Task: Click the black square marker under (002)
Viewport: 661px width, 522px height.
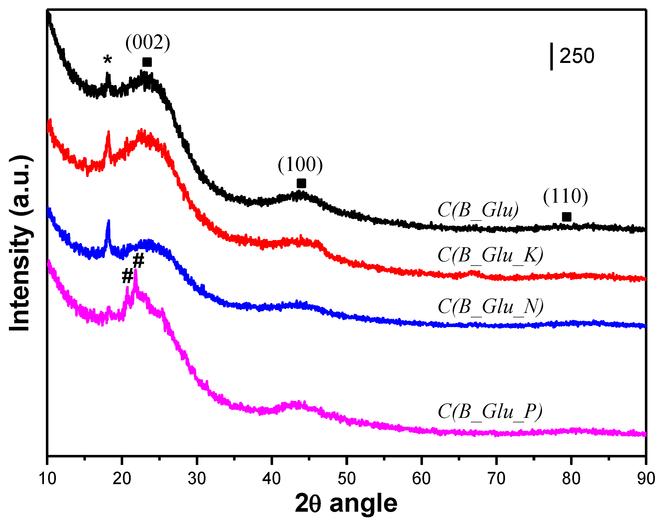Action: click(147, 62)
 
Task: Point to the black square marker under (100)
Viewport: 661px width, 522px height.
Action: click(301, 183)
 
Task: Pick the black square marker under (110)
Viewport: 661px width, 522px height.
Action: click(566, 217)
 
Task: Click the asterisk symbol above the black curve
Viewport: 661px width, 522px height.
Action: click(107, 60)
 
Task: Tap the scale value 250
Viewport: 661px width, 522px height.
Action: click(576, 56)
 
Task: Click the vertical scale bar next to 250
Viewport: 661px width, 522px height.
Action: click(551, 57)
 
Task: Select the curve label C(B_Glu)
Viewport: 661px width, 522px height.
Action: click(478, 210)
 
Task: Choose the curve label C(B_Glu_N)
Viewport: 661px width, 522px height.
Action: click(490, 306)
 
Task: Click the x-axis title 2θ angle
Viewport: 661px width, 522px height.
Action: click(346, 503)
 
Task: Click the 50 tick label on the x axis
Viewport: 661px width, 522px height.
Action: click(346, 479)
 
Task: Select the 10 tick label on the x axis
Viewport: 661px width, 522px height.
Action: click(47, 479)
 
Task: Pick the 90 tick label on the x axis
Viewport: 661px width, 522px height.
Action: click(646, 479)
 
